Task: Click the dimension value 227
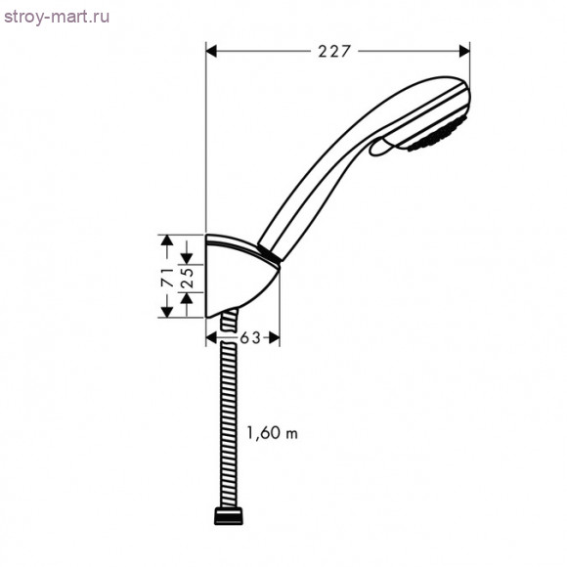pyautogui.click(x=334, y=52)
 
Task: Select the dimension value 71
pyautogui.click(x=167, y=277)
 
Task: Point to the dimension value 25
pyautogui.click(x=184, y=277)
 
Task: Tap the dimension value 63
pyautogui.click(x=250, y=338)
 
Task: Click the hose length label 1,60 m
pyautogui.click(x=272, y=433)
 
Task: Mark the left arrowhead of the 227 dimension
pyautogui.click(x=212, y=52)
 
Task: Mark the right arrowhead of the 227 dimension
pyautogui.click(x=463, y=52)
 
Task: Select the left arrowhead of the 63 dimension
pyautogui.click(x=212, y=338)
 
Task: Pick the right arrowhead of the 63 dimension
pyautogui.click(x=275, y=338)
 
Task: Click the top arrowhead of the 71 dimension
pyautogui.click(x=167, y=240)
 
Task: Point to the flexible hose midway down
pyautogui.click(x=228, y=420)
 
